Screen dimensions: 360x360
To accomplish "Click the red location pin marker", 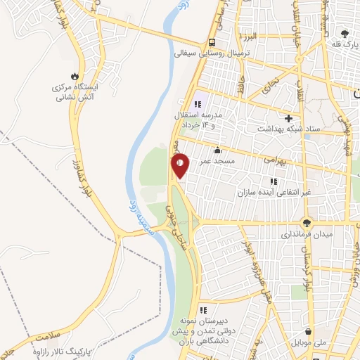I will click(x=180, y=164).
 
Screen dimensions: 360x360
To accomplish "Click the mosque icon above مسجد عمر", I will click(x=217, y=150).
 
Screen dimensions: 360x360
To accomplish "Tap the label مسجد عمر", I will click(x=217, y=160).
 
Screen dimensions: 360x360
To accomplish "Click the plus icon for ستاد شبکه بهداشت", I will click(x=289, y=117).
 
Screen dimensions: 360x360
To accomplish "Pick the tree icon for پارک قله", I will click(x=344, y=33).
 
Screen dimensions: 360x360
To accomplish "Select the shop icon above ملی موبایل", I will click(x=309, y=332).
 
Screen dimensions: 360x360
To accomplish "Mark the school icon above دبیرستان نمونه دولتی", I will click(x=203, y=309).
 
